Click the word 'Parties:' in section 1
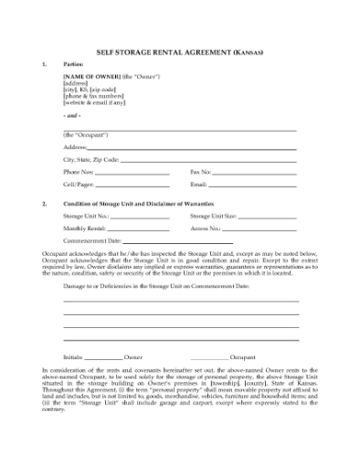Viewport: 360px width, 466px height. [x=74, y=65]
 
